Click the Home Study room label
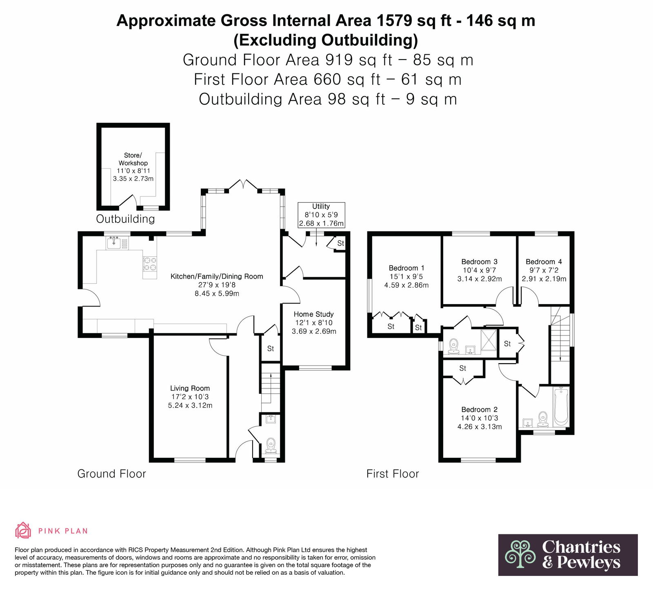[x=314, y=314]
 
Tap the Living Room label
[x=190, y=388]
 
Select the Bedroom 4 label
[x=544, y=262]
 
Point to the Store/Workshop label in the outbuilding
[x=133, y=159]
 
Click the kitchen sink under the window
[x=114, y=243]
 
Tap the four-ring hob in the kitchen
[x=149, y=264]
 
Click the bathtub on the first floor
[x=561, y=407]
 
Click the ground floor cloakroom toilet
[x=271, y=445]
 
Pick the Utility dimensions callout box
[x=321, y=215]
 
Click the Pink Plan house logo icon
[x=23, y=530]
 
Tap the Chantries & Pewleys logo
[x=568, y=555]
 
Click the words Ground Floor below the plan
[x=111, y=474]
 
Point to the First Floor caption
[x=393, y=474]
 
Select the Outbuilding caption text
[x=125, y=219]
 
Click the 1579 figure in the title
[x=389, y=20]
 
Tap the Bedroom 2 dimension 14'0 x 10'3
[x=480, y=418]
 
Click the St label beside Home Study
[x=271, y=348]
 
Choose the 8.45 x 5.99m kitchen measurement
[x=217, y=293]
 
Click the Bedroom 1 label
[x=406, y=268]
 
